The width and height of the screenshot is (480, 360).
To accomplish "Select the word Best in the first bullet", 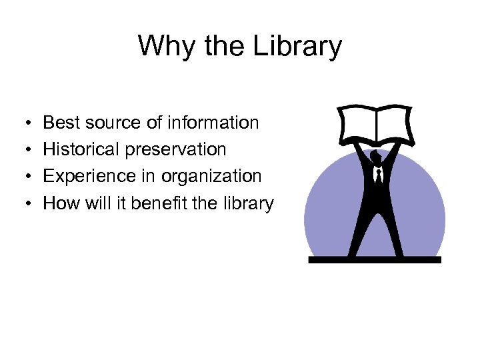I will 60,123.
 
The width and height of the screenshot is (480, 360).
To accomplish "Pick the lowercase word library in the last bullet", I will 249,203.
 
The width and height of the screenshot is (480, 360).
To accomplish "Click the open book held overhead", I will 377,125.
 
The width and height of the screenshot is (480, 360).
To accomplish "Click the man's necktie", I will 378,177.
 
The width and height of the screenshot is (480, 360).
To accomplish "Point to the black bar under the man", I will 375,259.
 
